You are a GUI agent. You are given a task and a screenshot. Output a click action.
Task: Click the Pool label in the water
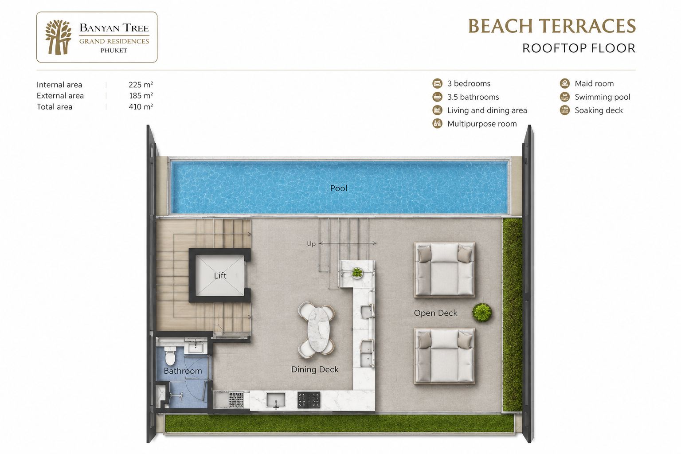point(338,188)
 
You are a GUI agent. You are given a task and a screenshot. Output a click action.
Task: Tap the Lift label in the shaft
point(220,275)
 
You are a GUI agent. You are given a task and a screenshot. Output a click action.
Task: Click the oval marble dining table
point(318,330)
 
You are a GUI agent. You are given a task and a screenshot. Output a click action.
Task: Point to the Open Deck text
point(435,313)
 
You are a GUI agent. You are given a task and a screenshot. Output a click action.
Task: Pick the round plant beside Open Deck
point(482,312)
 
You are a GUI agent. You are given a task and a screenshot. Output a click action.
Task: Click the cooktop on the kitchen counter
point(309,399)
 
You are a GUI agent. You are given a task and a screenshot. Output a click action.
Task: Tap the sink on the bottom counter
point(276,399)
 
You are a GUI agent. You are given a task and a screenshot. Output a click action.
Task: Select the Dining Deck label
point(315,369)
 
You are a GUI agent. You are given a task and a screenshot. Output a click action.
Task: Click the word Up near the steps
point(311,244)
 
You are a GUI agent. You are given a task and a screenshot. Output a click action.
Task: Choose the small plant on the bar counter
point(356,272)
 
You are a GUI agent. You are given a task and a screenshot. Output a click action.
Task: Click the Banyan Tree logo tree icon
point(58,37)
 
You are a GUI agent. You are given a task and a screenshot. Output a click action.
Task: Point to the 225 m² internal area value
point(141,85)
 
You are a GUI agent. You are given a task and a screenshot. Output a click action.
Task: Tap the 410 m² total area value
point(141,107)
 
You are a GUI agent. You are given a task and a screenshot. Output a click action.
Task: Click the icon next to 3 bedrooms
point(437,83)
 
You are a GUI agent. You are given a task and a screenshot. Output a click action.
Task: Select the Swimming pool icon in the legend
point(564,97)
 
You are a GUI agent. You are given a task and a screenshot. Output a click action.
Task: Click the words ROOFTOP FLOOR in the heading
point(579,48)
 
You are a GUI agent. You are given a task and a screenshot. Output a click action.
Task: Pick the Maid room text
point(594,84)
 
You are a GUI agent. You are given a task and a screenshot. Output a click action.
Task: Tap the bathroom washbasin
point(196,347)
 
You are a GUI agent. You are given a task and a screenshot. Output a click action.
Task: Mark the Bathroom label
point(183,371)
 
